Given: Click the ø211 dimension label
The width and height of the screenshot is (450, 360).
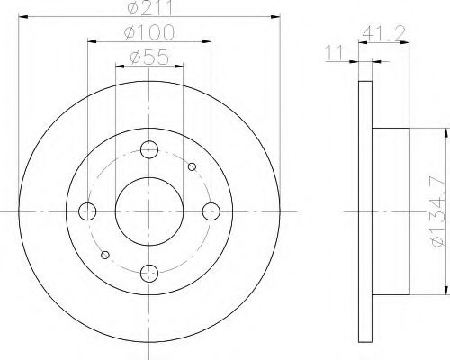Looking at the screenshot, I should (149, 12).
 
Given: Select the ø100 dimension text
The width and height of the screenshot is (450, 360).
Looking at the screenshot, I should (149, 35).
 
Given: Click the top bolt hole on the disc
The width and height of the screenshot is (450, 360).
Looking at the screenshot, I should (149, 150).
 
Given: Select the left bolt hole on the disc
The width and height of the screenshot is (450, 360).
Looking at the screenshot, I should (87, 211).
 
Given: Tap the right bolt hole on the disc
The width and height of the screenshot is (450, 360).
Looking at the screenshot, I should (211, 211).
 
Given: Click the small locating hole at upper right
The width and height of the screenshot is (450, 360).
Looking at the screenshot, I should (191, 166).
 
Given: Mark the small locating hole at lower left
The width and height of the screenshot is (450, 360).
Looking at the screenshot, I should (107, 255).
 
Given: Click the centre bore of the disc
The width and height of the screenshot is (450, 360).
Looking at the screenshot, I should (149, 211).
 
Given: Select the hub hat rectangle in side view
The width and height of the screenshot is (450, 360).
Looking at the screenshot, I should (391, 211).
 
